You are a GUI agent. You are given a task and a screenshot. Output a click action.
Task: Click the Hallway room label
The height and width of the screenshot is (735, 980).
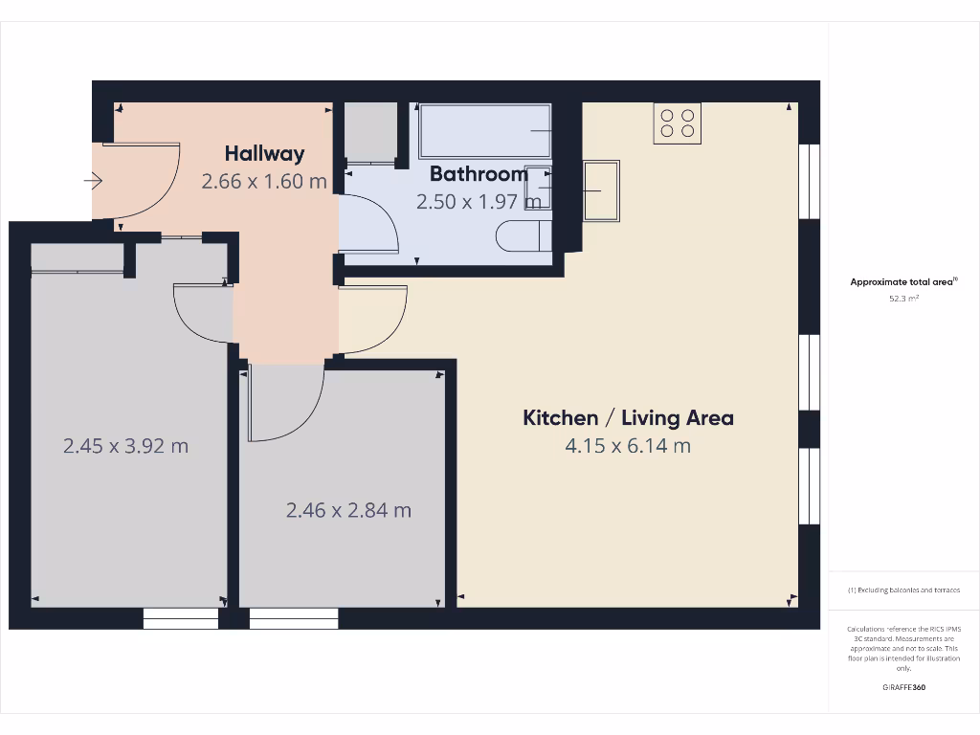point(264,153)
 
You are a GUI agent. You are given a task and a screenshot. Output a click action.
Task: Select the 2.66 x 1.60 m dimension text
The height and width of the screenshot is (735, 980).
point(264,180)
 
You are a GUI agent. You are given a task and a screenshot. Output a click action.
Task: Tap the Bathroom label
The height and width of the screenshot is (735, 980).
point(479,174)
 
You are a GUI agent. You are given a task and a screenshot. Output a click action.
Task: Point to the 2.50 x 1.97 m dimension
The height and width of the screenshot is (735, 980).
point(479,202)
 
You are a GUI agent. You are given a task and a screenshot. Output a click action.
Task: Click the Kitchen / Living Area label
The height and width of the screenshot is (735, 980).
point(628,417)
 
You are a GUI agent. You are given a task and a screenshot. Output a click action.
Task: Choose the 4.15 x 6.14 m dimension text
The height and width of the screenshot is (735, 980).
point(628,445)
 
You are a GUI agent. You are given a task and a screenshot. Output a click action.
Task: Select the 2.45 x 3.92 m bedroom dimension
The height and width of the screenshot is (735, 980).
point(125,445)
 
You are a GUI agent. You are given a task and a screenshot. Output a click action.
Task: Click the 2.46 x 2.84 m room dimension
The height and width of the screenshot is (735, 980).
point(348,510)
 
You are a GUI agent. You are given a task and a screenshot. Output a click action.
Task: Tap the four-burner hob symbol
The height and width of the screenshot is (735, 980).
point(678,123)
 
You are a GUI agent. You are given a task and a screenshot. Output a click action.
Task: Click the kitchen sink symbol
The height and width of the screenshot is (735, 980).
point(600,190)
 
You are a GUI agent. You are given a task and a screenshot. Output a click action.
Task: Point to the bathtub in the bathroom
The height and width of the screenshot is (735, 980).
point(484,131)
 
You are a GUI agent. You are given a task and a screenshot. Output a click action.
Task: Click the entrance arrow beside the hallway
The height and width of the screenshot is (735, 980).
point(93,180)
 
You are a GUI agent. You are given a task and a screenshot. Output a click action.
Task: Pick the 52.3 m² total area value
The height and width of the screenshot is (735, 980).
point(903,298)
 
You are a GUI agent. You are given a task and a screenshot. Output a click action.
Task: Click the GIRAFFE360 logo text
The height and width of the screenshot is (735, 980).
point(903,687)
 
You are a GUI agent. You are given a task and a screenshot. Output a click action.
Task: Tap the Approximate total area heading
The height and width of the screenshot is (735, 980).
point(902,281)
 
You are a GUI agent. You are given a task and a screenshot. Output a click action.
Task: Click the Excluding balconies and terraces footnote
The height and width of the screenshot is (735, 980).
point(903,590)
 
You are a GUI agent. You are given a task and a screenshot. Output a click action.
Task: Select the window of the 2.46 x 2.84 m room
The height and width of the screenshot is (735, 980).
point(294,619)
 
